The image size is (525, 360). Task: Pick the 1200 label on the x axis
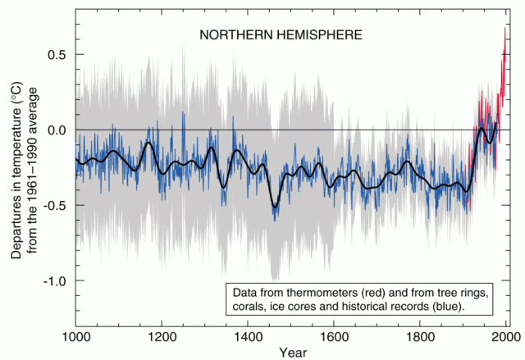point(162,335)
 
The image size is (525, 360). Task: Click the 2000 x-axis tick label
point(503,335)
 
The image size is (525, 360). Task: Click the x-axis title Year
point(290,352)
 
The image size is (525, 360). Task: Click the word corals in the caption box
point(252,307)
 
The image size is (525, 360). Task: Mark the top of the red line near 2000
point(504,28)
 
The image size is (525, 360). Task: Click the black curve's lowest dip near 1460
point(275,207)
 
